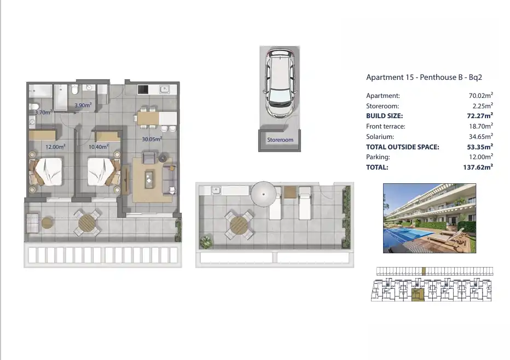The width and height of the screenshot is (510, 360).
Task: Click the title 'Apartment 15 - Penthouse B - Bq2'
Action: coord(424,77)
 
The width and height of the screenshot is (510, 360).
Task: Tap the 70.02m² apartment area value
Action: coord(481,95)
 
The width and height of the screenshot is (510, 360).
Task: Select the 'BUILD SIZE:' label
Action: coord(385,116)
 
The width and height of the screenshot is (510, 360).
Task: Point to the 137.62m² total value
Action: coord(478,167)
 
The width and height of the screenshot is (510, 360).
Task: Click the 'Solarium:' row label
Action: coord(380,137)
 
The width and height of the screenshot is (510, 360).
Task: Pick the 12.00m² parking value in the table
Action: coord(481,157)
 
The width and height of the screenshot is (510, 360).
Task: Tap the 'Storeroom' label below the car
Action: coord(280,140)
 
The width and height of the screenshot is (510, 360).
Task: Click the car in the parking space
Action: coord(280,83)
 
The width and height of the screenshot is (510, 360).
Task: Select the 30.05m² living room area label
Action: coord(152,139)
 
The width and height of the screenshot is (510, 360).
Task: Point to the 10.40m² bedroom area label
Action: coord(98,147)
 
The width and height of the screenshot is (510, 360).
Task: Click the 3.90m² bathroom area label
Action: coord(83,105)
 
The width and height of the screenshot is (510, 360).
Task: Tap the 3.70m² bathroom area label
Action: coord(43,112)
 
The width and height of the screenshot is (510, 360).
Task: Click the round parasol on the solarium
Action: coord(263,194)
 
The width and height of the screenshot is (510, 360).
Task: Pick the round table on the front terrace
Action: coord(87,223)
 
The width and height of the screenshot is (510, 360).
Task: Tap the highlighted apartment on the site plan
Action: coord(418,294)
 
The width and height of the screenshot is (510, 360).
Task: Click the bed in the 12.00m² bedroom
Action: coord(46,172)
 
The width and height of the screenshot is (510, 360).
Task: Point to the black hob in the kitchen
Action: coord(143,89)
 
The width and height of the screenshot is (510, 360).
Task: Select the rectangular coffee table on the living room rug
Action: coord(149,179)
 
